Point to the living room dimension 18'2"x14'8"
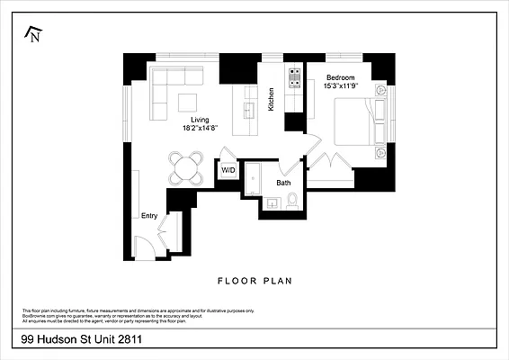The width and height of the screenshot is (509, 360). tap(200, 128)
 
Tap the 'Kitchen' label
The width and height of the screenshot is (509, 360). tap(270, 97)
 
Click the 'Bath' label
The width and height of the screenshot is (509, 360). tap(283, 184)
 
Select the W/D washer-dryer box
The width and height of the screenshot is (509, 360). tap(228, 170)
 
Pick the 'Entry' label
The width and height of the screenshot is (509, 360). tap(149, 216)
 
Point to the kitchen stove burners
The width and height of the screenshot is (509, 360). tap(293, 78)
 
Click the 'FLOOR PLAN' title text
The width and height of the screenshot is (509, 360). tap(254, 281)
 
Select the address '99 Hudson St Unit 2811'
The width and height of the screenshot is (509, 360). tap(83, 340)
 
